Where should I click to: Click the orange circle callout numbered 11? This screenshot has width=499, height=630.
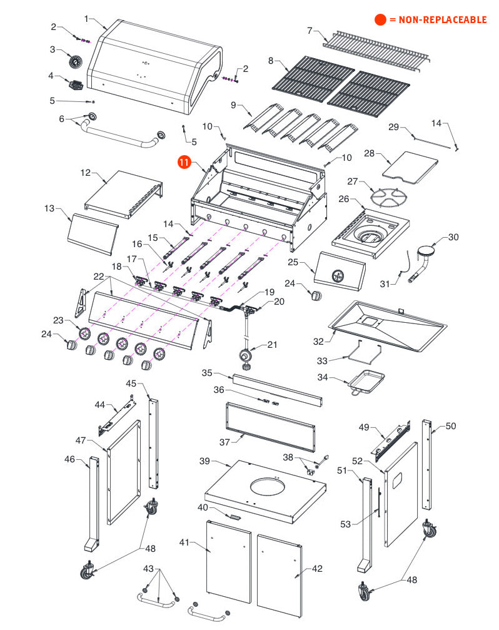click(x=184, y=162)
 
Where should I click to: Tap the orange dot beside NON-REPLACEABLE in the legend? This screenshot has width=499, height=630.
click(x=380, y=20)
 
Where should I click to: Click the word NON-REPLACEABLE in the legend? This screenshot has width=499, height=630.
click(x=438, y=20)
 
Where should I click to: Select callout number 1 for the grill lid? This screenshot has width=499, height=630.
click(x=87, y=19)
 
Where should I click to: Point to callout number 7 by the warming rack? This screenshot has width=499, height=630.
click(x=309, y=30)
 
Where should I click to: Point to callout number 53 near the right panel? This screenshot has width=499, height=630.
click(x=346, y=524)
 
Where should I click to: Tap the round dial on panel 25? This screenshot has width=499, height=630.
click(x=338, y=275)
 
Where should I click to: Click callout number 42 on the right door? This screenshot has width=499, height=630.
click(x=317, y=569)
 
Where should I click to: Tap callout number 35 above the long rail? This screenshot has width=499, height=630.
click(x=208, y=373)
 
